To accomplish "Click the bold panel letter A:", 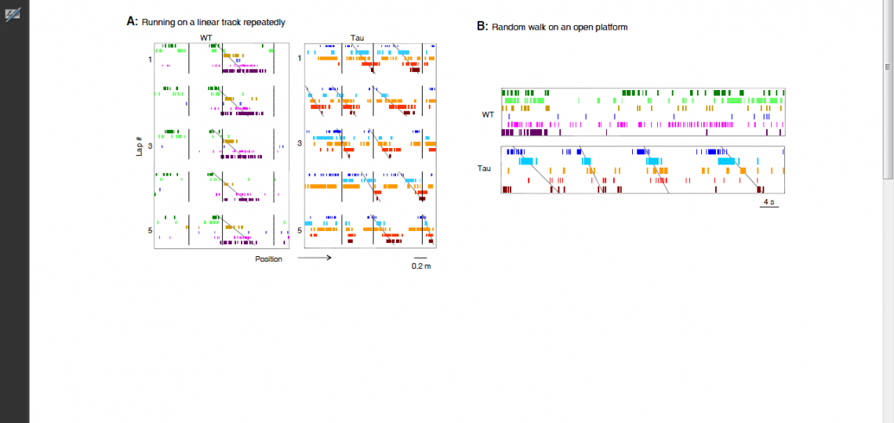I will coord(133,22).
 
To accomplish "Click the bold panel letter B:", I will coord(483,26).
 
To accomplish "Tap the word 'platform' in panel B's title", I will coord(611,27).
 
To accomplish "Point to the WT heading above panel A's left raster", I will coord(206,38).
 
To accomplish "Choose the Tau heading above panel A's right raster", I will coord(357,38).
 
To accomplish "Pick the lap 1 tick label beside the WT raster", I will coord(150,60).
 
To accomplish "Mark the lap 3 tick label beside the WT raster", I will coord(150,145).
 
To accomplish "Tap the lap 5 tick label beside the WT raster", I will coord(150,230).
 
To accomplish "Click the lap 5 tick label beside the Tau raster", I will coord(300,230).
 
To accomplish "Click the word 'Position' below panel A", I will coord(268,258).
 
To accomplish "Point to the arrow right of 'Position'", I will coord(314,258).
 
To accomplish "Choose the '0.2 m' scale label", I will coord(421,266).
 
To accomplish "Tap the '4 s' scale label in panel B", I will coord(769,202).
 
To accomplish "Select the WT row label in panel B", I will coord(488,114).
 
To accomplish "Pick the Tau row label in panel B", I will coord(485,168).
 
